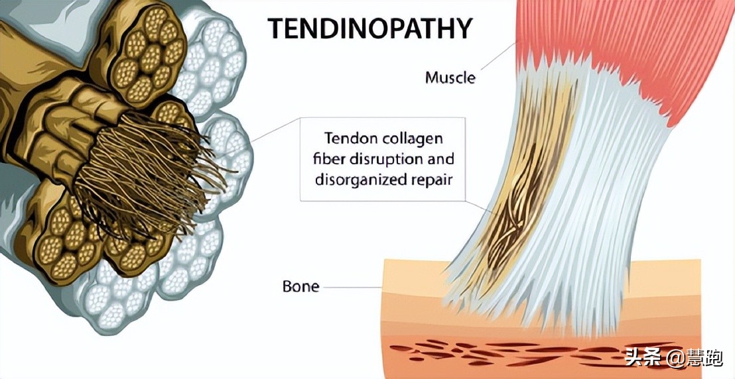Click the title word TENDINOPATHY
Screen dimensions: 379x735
[369, 28]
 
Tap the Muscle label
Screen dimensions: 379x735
[450, 78]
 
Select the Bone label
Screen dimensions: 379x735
[301, 287]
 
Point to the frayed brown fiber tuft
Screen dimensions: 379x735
[153, 179]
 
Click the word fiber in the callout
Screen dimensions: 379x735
[339, 159]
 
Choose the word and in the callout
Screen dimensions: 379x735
[441, 159]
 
